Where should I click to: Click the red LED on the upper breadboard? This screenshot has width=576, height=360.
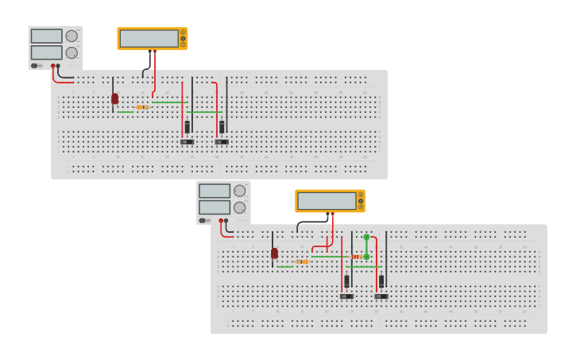114,99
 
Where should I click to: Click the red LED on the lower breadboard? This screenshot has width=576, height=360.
274,253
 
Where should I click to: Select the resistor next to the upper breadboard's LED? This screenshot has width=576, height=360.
143,106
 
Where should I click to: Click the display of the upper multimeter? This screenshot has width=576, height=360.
149,38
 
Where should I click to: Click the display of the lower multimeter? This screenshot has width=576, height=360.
327,200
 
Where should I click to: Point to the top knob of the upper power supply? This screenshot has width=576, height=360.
72,36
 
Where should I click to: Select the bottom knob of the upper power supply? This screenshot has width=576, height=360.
72,52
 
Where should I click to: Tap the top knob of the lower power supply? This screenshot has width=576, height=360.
239,191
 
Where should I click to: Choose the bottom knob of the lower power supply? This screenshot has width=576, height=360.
239,207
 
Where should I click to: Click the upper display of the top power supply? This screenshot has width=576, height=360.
46,36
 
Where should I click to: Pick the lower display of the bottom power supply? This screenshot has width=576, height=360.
214,207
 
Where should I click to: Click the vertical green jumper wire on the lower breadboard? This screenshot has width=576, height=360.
366,246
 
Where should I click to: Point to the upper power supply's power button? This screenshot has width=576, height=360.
35,65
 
